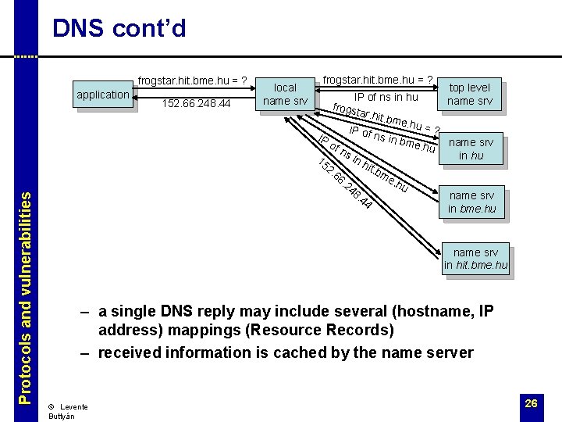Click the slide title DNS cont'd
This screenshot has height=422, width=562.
coord(119,29)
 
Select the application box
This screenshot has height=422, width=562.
coord(103,95)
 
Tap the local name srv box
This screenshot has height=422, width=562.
coord(285,94)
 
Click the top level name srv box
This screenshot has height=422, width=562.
coord(469,94)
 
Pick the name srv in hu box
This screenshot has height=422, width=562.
coord(471,148)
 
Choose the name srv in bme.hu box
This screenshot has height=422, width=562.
coord(472,202)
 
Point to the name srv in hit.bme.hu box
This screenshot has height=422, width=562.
coord(475,259)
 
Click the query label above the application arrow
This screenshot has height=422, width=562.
coord(193,80)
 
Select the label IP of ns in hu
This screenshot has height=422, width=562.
coord(386,98)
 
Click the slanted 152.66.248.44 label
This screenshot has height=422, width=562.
coord(344,184)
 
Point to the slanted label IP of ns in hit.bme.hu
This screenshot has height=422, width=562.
coord(364,165)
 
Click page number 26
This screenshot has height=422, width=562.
coord(531,403)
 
